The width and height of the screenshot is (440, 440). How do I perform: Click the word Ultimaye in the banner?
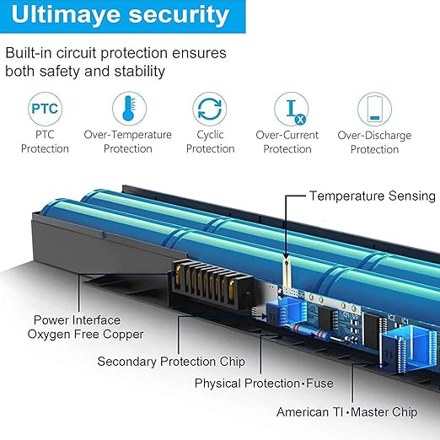[x=66, y=14]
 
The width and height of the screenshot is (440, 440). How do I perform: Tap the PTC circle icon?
[x=45, y=109]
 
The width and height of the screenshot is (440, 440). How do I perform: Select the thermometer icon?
[x=129, y=109]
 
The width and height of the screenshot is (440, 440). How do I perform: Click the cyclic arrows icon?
[x=210, y=109]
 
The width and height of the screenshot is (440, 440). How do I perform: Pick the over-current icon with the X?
[x=292, y=109]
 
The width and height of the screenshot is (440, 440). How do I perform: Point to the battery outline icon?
[x=374, y=109]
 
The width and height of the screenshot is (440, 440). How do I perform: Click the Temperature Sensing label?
[x=373, y=196]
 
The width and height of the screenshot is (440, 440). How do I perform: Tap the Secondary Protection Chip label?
[x=171, y=362]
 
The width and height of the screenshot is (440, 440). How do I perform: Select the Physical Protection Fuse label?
[x=264, y=384]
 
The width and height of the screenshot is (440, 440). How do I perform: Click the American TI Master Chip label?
[x=347, y=412]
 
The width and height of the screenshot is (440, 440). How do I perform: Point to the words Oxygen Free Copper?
[x=85, y=335]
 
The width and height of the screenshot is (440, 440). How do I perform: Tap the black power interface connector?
[x=212, y=284]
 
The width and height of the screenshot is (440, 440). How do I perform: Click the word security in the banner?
[x=179, y=14]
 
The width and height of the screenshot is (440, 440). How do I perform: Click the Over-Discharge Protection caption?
[x=374, y=142]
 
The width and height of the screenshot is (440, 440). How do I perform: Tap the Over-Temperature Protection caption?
[x=128, y=142]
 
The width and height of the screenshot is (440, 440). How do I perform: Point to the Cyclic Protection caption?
[x=211, y=142]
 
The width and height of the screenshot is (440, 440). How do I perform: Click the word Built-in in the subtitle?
[x=28, y=53]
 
